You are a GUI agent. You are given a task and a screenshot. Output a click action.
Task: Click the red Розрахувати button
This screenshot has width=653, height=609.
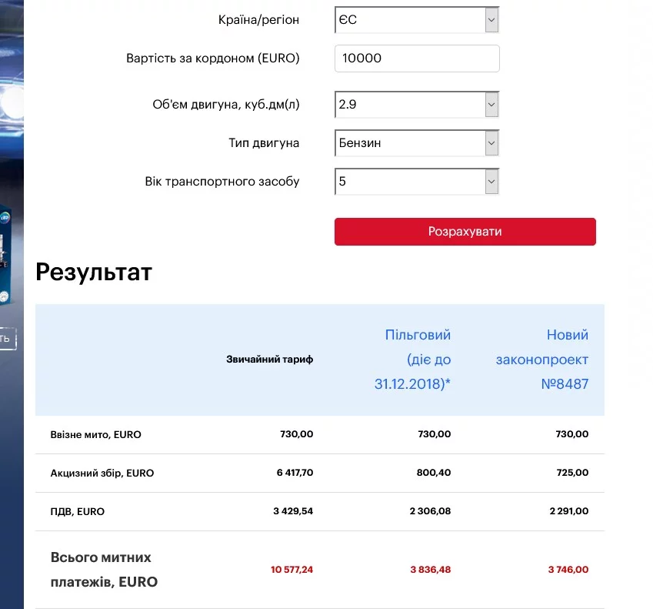click(x=465, y=232)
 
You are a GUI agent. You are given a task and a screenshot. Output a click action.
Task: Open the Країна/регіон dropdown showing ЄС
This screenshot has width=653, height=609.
click(x=417, y=20)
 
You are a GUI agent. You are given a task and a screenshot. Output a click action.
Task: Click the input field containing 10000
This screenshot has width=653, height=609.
click(x=417, y=59)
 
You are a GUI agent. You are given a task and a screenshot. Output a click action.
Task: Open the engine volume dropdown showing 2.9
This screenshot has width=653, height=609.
click(x=417, y=105)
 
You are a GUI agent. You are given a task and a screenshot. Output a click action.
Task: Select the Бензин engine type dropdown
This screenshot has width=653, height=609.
click(x=417, y=143)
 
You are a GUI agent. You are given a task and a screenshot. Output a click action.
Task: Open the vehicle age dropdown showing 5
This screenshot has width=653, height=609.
click(x=417, y=182)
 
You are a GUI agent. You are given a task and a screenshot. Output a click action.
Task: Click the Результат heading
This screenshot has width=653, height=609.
click(x=94, y=272)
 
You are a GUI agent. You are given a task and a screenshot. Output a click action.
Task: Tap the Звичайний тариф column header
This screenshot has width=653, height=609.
click(x=269, y=360)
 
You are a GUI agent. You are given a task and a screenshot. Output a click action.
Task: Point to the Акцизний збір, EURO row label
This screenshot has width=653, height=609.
click(x=102, y=473)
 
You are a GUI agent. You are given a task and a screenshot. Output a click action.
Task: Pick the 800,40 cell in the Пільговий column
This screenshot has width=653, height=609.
click(x=433, y=473)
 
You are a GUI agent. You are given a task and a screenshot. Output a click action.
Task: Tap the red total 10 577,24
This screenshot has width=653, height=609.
click(x=292, y=570)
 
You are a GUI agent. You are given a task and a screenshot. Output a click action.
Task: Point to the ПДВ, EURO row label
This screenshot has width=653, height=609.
click(x=78, y=512)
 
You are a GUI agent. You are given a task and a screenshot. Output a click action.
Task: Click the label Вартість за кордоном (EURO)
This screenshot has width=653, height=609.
click(x=213, y=59)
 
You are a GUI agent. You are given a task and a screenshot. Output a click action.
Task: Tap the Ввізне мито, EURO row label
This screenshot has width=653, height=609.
click(x=96, y=435)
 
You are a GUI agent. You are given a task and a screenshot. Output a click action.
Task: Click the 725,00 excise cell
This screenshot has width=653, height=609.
click(x=571, y=473)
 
